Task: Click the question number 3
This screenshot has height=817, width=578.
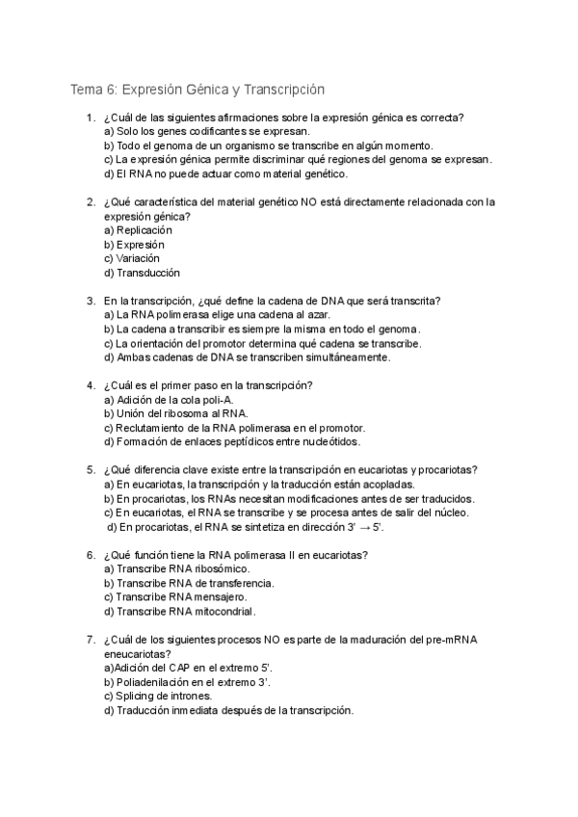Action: [89, 302]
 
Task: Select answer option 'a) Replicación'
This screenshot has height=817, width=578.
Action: [138, 231]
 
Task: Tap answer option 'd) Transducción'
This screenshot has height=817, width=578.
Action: [142, 273]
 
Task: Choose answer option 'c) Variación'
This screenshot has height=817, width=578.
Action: [132, 259]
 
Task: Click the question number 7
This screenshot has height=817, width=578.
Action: [89, 639]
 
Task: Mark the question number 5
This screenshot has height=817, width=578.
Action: [89, 470]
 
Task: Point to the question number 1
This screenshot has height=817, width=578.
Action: [89, 119]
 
